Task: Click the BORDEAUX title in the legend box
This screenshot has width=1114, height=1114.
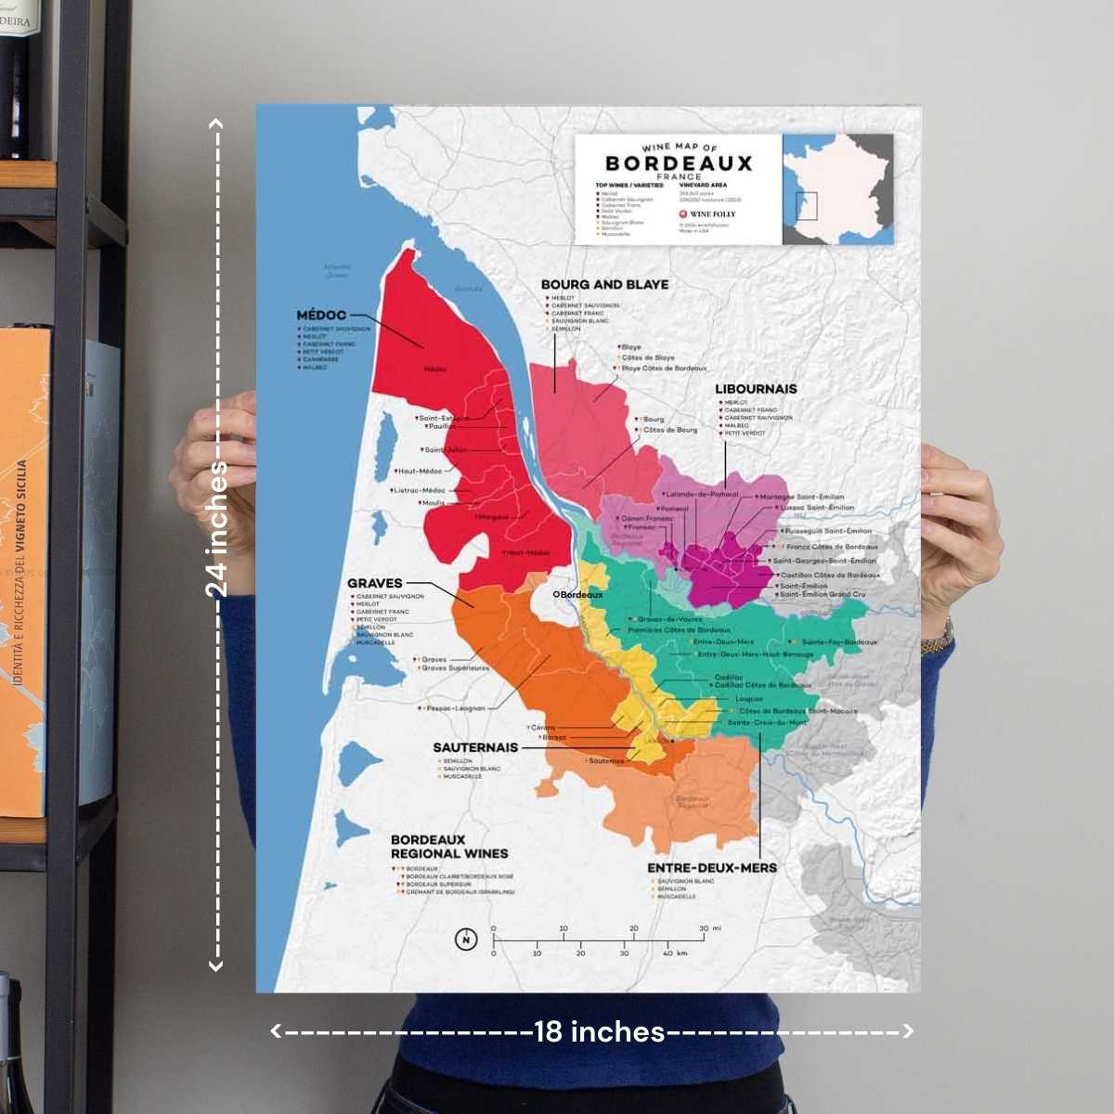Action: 679,163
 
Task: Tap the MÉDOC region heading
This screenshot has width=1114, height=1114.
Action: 321,316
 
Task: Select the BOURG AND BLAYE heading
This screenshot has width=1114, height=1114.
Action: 604,285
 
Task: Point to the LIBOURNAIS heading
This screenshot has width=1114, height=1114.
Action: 756,389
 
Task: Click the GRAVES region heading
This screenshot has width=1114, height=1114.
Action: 374,584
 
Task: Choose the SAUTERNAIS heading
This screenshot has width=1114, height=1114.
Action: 475,747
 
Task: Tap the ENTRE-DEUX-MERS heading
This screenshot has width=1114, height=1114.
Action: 712,868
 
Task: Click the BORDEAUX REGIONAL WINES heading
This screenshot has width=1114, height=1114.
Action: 449,847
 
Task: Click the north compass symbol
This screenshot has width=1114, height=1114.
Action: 466,939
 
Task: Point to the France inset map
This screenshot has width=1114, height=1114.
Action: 837,188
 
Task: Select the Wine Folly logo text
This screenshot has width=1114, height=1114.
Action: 712,214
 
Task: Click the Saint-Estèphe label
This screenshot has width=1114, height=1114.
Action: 444,418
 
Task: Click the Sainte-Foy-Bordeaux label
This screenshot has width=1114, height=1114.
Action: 838,642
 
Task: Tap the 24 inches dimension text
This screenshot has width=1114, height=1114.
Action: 216,529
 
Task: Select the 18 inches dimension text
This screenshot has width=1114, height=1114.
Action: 599,1031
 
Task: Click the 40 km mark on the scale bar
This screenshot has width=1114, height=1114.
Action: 674,953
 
